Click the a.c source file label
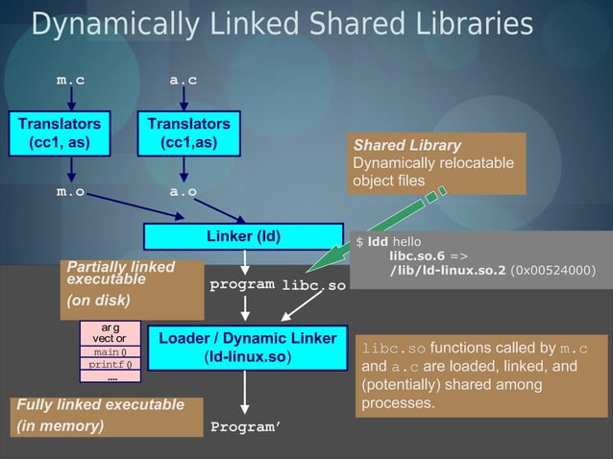click(184, 81)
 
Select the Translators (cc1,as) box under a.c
click(188, 133)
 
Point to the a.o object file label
click(184, 192)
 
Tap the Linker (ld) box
click(243, 236)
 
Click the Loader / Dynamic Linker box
click(247, 348)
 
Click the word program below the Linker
click(242, 285)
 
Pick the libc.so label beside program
click(313, 286)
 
